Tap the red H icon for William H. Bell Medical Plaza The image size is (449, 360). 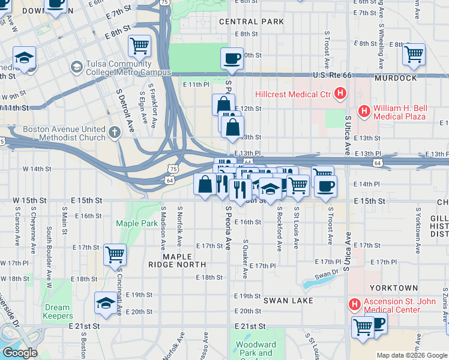point(364,111)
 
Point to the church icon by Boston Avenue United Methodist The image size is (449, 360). point(115,131)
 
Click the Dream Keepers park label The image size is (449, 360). point(58,312)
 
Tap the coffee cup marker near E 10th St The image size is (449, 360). point(232,59)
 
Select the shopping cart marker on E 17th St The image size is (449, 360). point(114,254)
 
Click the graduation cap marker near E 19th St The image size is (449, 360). point(106,303)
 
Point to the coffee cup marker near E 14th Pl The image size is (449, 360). point(325,186)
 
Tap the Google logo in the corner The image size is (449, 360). point(20,353)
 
